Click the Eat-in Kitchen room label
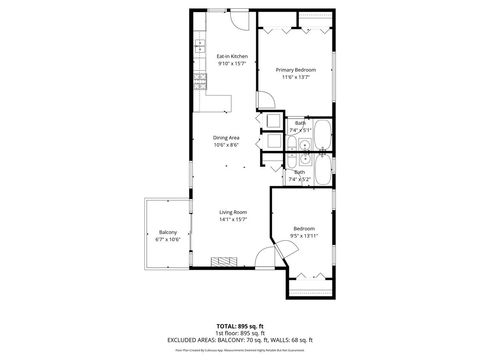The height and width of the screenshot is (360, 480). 232,56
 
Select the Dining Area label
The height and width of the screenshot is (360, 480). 226,137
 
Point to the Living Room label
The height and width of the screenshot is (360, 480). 233,212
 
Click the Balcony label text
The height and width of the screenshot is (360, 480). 168,232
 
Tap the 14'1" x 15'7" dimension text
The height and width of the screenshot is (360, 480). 233,219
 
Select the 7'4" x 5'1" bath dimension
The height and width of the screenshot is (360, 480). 300,130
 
